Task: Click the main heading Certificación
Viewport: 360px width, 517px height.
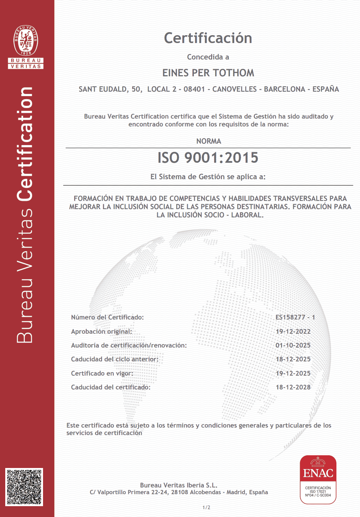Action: tap(208, 38)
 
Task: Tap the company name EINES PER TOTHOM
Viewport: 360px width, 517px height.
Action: tap(208, 73)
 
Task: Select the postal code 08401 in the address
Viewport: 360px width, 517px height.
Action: tap(194, 89)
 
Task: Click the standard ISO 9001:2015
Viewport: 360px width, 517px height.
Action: tap(208, 158)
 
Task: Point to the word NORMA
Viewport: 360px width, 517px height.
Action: tap(208, 141)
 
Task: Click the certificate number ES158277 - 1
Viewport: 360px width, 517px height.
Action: tap(295, 317)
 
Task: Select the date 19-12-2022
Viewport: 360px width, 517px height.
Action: tap(293, 331)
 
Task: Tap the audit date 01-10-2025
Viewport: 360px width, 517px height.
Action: tap(293, 345)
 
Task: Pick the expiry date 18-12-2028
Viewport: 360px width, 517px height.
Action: tap(293, 387)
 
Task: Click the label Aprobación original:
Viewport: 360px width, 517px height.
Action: tap(101, 331)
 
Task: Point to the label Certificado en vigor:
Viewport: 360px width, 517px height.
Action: tap(102, 373)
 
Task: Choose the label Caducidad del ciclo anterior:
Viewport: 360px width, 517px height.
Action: tap(115, 359)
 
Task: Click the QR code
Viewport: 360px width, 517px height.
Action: tap(24, 487)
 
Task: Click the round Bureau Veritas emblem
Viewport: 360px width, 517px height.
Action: tap(26, 40)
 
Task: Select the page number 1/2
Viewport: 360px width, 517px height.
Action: tap(206, 507)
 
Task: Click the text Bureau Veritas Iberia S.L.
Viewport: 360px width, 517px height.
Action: tap(179, 485)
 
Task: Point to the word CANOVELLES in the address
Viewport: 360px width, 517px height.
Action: tap(234, 89)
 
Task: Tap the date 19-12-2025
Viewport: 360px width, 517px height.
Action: tap(293, 373)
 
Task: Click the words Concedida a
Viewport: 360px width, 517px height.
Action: tap(208, 57)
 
